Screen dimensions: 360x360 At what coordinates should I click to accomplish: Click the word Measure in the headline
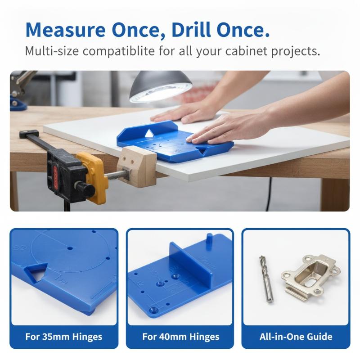pos(65,30)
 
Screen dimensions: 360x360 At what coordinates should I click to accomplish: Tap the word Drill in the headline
pos(191,30)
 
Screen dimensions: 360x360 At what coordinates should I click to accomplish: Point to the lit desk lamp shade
pos(161,86)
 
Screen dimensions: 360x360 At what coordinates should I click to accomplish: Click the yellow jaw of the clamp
pos(93,176)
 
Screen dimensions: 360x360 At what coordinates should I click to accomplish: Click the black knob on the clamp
pos(85,189)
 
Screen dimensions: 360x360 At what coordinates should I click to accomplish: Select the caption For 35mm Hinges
pos(64,337)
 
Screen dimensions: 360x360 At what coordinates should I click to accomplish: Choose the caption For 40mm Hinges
pos(181,337)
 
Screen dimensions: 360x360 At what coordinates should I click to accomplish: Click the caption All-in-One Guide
pos(296,337)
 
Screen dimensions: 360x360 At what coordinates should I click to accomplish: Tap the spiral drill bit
pos(266,279)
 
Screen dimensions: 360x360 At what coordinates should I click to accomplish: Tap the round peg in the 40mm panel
pos(209,241)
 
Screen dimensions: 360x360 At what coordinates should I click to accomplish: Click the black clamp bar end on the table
pos(29,134)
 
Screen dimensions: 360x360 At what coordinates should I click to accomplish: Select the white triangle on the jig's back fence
pos(149,133)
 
